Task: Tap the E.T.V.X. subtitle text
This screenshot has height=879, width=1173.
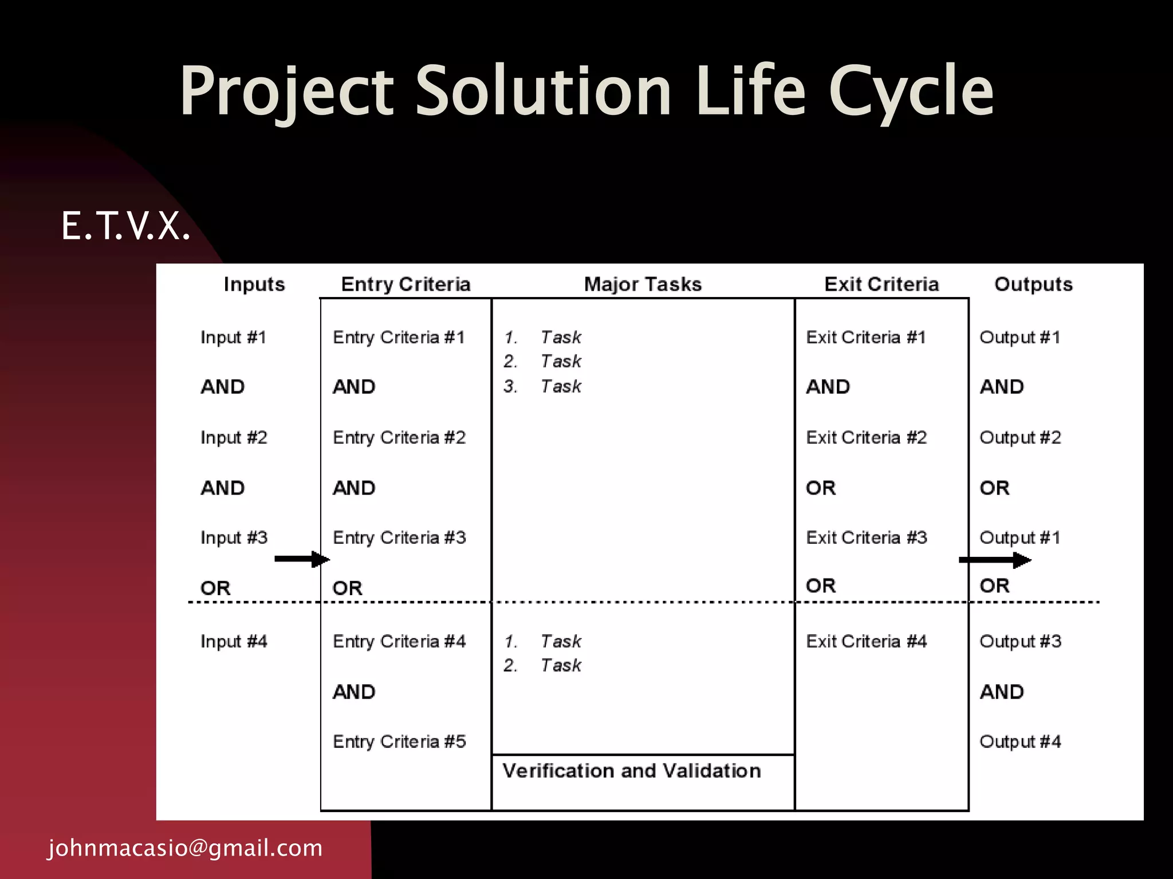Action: tap(125, 226)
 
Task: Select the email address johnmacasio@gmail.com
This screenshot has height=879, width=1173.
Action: tap(185, 848)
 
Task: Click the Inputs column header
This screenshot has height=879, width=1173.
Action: tap(254, 284)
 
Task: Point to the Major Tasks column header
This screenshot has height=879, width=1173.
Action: tap(643, 284)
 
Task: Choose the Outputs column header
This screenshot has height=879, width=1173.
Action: tap(1033, 284)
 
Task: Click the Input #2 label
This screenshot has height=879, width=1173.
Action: tap(234, 438)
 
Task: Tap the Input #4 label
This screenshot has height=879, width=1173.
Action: tap(234, 642)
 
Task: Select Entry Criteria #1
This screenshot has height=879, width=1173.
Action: tap(399, 338)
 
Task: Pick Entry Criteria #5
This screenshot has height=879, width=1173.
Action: tap(399, 742)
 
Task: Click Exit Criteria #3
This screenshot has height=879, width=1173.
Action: tap(866, 538)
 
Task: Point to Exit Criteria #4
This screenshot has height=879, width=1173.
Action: tap(866, 642)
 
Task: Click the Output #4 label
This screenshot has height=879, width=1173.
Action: tap(1020, 742)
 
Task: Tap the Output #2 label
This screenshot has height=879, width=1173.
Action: tap(1020, 438)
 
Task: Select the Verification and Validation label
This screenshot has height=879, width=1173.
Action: tap(632, 771)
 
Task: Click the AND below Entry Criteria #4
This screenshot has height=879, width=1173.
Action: tap(354, 692)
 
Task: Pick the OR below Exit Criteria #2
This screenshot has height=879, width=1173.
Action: tap(821, 488)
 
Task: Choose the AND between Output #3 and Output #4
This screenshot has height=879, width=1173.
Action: tap(1002, 692)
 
